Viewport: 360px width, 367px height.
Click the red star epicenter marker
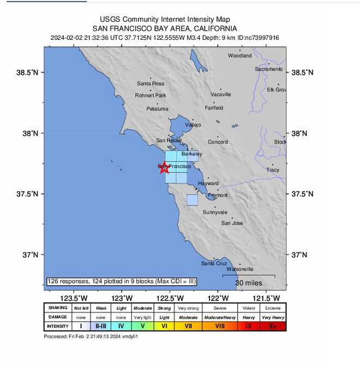[x=164, y=167]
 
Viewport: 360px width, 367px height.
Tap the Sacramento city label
[x=269, y=69]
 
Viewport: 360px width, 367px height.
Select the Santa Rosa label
[x=151, y=83]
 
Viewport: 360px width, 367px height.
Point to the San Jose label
[x=232, y=223]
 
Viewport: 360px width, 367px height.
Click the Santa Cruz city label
[x=214, y=263]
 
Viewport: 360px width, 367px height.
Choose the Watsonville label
[x=239, y=269]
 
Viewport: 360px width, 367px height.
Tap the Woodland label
[x=240, y=56]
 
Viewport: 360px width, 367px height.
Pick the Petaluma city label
[x=157, y=109]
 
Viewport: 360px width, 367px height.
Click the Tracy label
[x=273, y=170]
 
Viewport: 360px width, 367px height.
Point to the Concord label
[x=218, y=142]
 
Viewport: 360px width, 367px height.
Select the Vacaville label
[x=220, y=94]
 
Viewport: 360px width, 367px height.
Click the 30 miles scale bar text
[x=248, y=283]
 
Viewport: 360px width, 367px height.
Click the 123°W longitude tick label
[x=122, y=298]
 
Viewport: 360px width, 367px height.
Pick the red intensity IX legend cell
[x=249, y=326]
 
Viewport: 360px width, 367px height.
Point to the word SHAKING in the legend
[x=58, y=308]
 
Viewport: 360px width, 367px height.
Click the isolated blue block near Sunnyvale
[x=192, y=200]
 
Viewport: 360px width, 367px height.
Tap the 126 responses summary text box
[x=122, y=281]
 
